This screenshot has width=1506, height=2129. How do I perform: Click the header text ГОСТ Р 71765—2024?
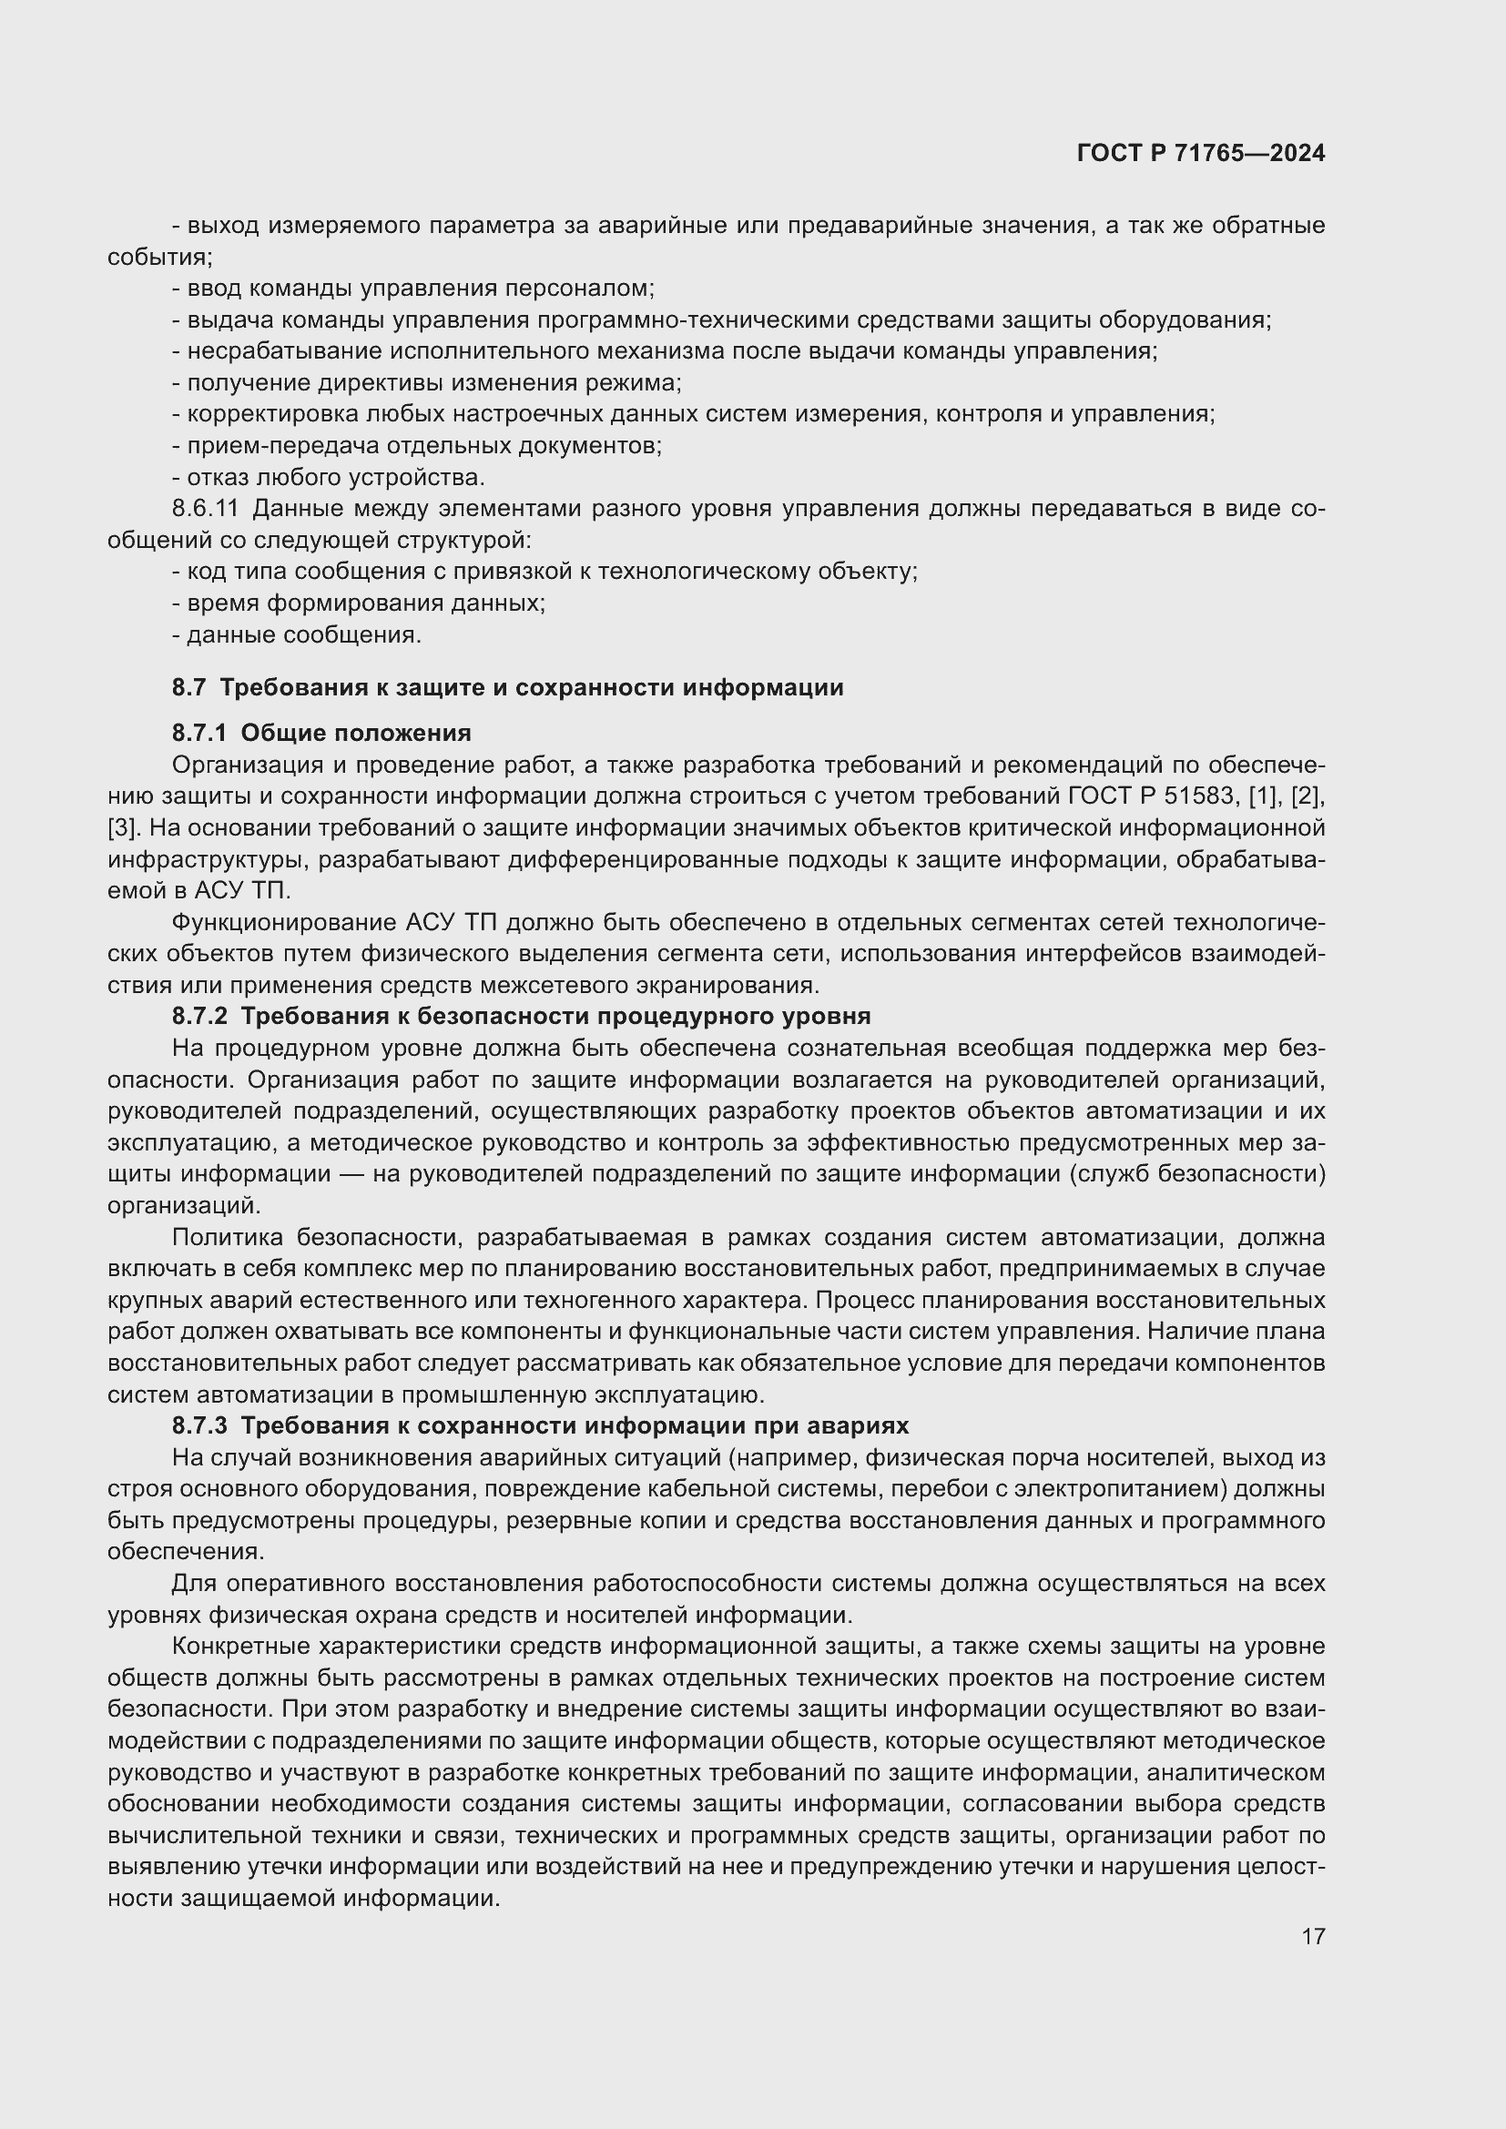(x=1201, y=153)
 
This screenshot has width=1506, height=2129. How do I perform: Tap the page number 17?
(x=1312, y=1936)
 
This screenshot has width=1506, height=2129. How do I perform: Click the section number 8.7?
(x=188, y=687)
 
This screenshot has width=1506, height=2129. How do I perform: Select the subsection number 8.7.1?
(x=198, y=733)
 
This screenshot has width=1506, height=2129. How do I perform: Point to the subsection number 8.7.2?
(x=198, y=1016)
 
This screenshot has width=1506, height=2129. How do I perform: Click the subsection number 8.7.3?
(x=198, y=1424)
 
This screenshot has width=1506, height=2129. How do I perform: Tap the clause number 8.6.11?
(x=205, y=508)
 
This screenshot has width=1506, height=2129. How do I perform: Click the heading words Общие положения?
(x=356, y=733)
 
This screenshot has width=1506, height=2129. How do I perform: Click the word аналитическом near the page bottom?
(x=1236, y=1772)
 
